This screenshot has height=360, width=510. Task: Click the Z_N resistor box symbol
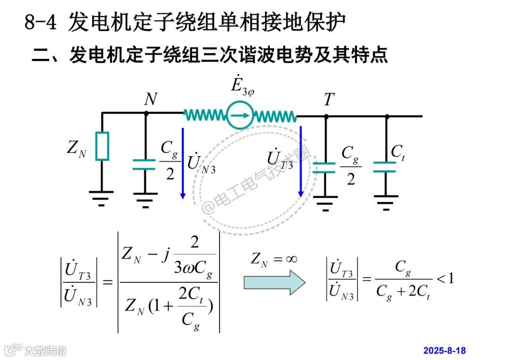coord(102,146)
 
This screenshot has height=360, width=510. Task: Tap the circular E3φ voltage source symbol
coord(239,115)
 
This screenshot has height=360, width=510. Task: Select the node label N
coord(151,99)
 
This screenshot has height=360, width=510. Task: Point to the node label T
coord(329,100)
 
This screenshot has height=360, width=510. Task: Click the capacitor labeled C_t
coord(385,167)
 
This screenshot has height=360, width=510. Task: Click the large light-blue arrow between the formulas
coord(274,282)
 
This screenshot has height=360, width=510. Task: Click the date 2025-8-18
coord(444,351)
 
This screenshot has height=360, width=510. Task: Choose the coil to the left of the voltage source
coord(204,115)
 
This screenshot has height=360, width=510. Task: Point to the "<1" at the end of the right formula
coord(445,278)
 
